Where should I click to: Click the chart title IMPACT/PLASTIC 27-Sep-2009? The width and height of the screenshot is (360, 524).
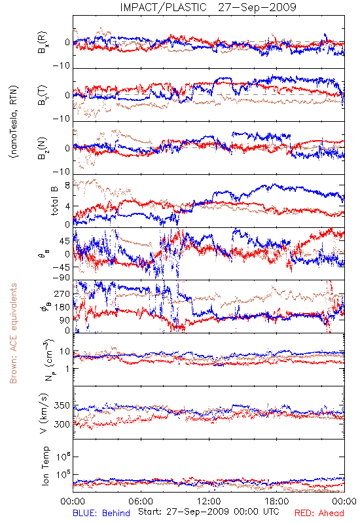tap(207, 7)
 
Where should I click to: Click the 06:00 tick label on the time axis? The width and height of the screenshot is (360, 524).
tap(141, 501)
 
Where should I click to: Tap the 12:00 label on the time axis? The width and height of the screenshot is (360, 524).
tap(209, 501)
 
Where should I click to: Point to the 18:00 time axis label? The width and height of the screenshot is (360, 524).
tap(277, 501)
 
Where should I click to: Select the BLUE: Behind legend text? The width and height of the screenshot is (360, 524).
tap(101, 513)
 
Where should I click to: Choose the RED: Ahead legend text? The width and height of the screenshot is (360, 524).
tap(319, 513)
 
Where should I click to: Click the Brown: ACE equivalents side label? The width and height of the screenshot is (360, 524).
tap(13, 333)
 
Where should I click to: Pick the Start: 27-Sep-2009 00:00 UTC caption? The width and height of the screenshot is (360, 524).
tap(209, 512)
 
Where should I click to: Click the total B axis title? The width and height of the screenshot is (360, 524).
tap(54, 201)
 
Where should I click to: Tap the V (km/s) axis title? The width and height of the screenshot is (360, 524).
tap(44, 413)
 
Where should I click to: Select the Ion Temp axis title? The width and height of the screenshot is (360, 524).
tap(45, 466)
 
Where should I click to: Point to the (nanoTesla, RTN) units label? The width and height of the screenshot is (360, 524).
tap(14, 122)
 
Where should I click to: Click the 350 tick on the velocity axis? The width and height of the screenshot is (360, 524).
tap(62, 405)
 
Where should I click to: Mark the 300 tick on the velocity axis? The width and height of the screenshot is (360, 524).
tap(62, 424)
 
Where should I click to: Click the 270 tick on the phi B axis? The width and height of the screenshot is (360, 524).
tap(62, 294)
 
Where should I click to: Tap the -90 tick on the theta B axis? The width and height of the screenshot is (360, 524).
tap(62, 278)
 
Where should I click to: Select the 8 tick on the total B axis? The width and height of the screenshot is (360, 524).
tap(67, 185)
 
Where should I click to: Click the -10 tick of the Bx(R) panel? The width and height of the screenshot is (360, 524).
tap(62, 66)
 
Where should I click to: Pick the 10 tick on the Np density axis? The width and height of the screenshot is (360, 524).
tap(65, 352)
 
